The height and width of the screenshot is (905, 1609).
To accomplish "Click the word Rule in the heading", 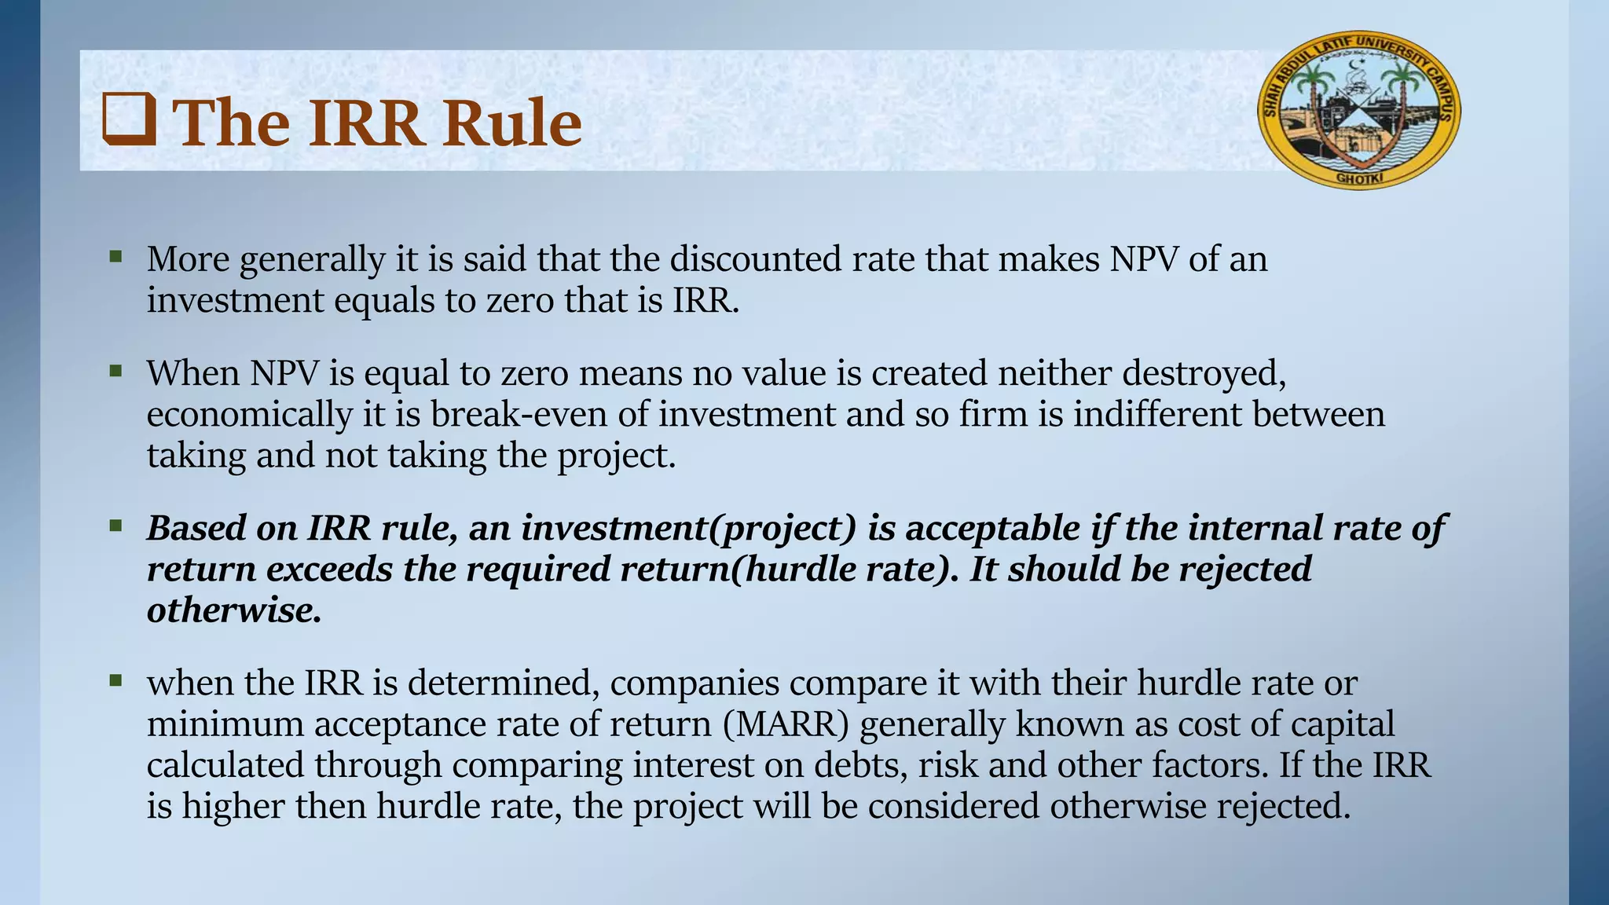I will point(511,123).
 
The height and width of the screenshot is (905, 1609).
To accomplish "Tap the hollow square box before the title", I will point(129,120).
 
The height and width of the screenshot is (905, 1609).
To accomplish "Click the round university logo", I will point(1359,110).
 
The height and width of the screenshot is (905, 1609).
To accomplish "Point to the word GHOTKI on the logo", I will point(1359,178).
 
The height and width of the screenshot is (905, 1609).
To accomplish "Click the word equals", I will point(384,300).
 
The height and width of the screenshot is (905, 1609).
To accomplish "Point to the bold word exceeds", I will point(329,569).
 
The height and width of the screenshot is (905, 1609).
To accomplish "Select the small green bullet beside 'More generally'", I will point(116,255).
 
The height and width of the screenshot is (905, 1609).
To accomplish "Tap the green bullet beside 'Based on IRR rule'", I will point(116,525).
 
